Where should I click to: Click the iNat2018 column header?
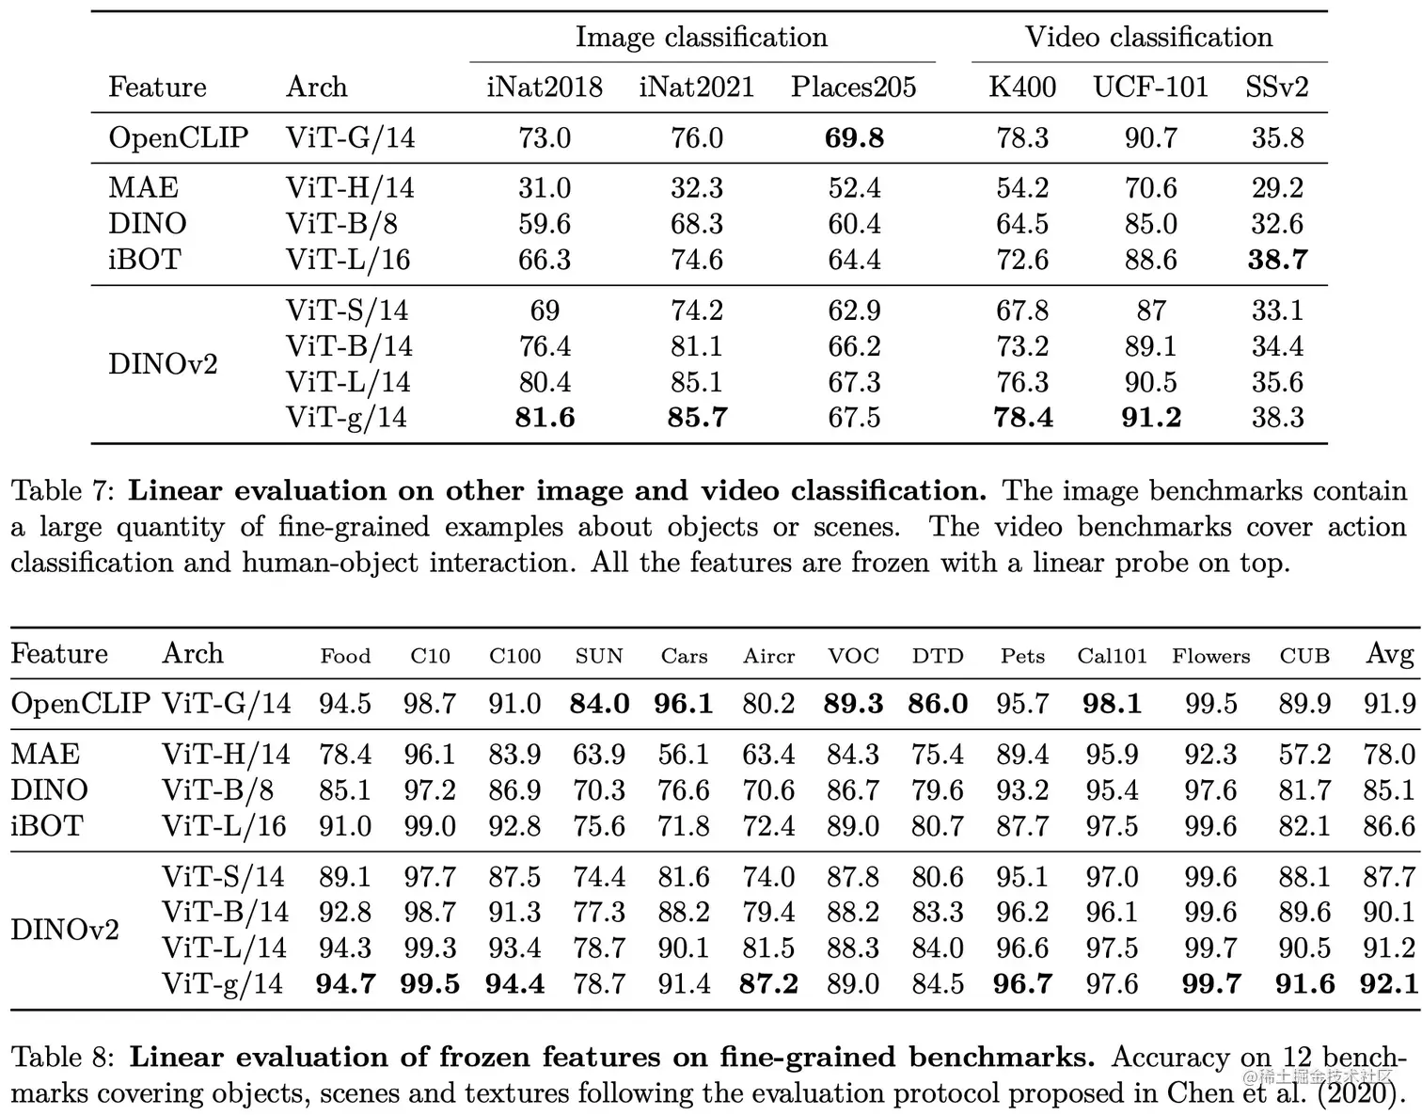(544, 88)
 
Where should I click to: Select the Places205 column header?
(853, 88)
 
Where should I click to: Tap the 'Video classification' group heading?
(1148, 38)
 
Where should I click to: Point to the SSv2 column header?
(1276, 88)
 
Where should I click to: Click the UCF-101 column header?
(1150, 88)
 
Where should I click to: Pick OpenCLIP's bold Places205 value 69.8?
(854, 138)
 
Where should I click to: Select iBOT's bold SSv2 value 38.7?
(1277, 260)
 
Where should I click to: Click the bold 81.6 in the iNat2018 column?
(545, 418)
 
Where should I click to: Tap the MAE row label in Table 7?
(143, 188)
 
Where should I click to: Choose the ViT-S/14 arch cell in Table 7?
(347, 311)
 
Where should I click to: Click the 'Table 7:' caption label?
(62, 491)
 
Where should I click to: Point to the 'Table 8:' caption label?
(63, 1058)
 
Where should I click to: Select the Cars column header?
(684, 656)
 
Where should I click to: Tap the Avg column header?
(1389, 654)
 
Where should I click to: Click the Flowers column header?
(1210, 656)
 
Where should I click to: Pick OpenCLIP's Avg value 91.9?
(1389, 704)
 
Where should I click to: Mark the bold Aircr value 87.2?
(768, 984)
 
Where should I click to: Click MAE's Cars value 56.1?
(684, 755)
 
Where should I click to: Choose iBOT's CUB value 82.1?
(1304, 826)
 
